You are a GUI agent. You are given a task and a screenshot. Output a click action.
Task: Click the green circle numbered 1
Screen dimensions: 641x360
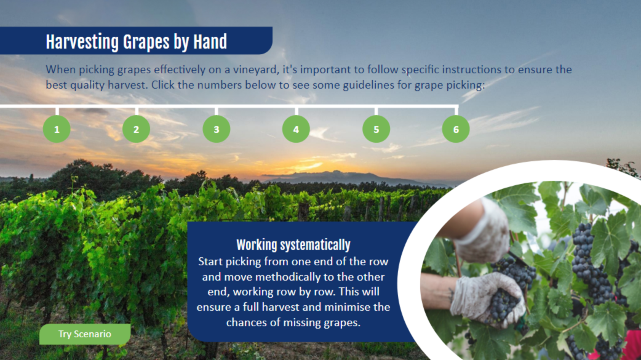pos(57,129)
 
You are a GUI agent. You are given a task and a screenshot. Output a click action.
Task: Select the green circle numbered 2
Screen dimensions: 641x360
pos(136,129)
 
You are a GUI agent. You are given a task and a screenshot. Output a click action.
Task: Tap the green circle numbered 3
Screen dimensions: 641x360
pos(217,129)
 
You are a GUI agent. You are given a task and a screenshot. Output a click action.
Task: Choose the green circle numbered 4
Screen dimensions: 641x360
pos(296,129)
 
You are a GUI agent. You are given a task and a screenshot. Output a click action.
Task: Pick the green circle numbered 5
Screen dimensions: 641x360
pos(376,129)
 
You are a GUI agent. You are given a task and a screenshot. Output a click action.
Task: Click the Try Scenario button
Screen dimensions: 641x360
pos(85,334)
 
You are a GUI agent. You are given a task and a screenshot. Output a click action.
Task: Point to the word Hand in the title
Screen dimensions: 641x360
pos(210,42)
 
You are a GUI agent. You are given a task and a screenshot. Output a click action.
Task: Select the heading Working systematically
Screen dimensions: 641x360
pos(293,245)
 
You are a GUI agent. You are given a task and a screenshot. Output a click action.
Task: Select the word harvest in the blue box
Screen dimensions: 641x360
pos(281,307)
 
